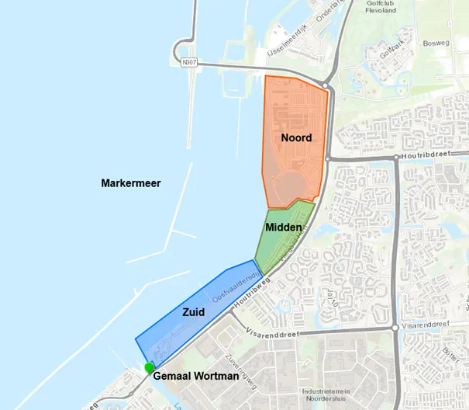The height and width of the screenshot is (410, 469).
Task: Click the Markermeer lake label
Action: [130, 183]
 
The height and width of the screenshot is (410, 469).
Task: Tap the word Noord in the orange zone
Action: [296, 138]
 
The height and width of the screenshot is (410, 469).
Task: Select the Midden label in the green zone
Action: [283, 227]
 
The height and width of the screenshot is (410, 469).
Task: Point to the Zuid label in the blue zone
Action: [193, 312]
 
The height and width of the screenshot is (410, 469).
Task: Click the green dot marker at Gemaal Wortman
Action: [149, 367]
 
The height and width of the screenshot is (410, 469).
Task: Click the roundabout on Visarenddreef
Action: [396, 328]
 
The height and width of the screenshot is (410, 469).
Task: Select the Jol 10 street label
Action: [333, 298]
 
